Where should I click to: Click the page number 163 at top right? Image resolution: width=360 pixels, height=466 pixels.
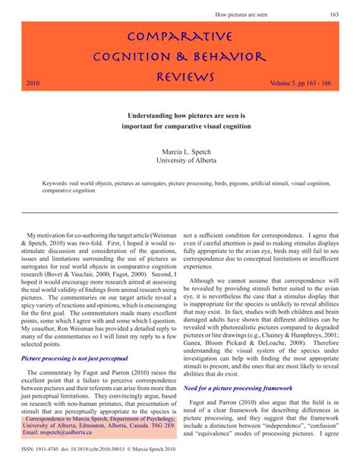pos(334,14)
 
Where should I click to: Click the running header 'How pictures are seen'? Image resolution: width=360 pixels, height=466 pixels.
pos(247,14)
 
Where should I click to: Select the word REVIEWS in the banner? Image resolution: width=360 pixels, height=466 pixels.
pos(186,77)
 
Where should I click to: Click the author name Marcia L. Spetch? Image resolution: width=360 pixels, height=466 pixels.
pos(180,151)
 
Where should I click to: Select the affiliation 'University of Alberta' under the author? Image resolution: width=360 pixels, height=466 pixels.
pos(180,161)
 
